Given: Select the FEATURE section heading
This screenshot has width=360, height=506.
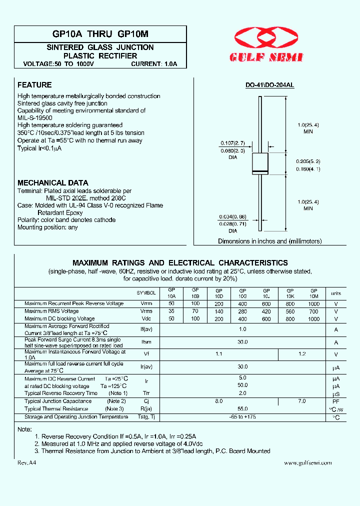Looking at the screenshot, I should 34,85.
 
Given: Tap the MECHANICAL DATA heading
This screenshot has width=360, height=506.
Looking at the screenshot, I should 52,182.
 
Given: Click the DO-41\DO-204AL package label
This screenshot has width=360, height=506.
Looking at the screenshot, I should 269,85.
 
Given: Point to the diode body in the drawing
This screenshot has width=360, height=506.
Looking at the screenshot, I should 260,163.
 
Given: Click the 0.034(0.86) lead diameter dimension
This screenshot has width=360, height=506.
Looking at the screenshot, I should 232,217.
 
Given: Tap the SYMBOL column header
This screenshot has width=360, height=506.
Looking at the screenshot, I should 146,293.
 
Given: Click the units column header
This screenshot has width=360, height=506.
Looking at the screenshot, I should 336,293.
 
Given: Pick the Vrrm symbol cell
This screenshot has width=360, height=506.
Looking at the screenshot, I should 146,303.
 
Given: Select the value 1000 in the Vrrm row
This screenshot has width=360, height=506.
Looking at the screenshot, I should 313,303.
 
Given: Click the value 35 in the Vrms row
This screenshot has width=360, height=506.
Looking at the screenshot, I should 171,311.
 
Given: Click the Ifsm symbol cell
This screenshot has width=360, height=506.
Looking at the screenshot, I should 146,342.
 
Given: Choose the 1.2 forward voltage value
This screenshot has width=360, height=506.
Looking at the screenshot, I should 301,354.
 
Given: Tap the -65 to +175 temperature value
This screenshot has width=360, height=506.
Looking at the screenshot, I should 242,416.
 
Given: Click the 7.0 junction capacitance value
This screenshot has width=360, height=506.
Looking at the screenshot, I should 301,401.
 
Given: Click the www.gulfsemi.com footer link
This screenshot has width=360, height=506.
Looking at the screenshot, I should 307,463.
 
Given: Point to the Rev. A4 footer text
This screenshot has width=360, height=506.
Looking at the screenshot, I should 27,463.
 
